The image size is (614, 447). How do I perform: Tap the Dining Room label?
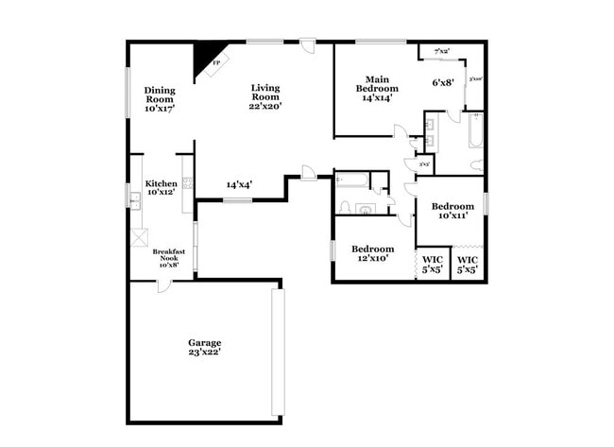click(x=161, y=99)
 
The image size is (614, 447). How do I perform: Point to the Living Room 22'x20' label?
click(x=265, y=97)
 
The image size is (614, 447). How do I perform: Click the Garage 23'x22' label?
click(x=204, y=347)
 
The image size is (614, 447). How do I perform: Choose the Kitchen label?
click(x=161, y=188)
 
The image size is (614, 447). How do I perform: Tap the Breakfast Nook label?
click(x=167, y=259)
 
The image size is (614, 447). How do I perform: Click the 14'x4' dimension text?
click(x=240, y=185)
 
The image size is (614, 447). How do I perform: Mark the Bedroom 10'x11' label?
click(x=452, y=211)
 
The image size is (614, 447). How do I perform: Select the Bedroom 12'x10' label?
click(x=373, y=254)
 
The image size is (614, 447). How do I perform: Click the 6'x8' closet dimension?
click(x=443, y=83)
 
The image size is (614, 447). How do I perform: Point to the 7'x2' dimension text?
click(x=442, y=50)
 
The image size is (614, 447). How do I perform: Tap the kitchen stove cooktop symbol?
click(x=188, y=182)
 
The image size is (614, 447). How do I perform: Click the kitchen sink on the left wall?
click(x=136, y=198)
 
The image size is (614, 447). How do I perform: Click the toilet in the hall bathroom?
click(x=345, y=207)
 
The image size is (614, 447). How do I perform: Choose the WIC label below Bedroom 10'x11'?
click(x=467, y=265)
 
